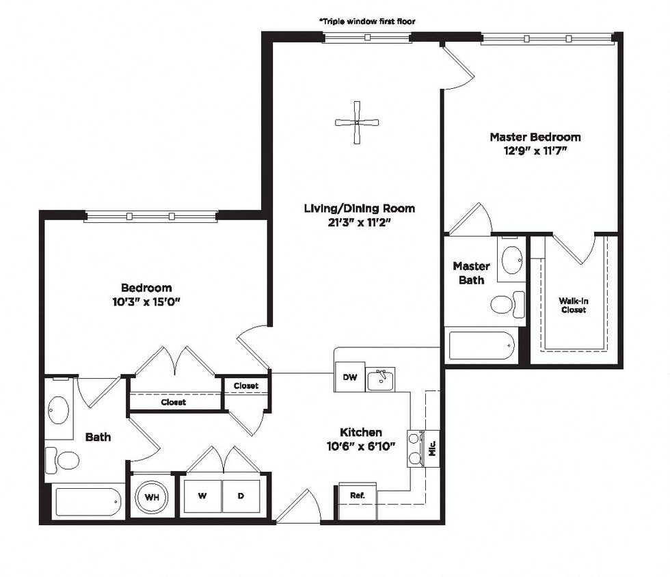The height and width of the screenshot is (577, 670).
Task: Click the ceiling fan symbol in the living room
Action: pos(357,122)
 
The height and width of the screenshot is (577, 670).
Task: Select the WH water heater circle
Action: pos(152,497)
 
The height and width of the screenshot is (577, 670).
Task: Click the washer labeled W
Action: pos(202,496)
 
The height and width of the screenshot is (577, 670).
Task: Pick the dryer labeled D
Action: pos(241,496)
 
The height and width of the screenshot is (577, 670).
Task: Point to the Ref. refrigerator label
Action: pos(358,494)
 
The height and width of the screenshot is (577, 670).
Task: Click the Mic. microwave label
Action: pos(431,448)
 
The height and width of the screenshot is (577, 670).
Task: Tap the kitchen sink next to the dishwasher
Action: pos(381,379)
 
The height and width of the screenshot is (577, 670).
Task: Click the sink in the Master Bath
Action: pos(511,260)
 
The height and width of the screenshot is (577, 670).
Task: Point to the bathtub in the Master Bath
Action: pos(481,346)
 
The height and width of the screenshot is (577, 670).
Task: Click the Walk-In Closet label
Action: pos(573,305)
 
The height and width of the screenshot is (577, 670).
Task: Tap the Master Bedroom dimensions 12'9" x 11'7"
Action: pos(535,151)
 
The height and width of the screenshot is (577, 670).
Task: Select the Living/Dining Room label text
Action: pos(359,209)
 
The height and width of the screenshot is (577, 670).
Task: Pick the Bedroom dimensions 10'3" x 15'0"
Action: pos(146,301)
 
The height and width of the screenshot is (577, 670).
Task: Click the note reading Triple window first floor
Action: pos(367,21)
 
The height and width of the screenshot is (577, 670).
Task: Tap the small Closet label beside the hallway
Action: pos(246,386)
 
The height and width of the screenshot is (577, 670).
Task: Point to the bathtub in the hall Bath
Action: pos(88,501)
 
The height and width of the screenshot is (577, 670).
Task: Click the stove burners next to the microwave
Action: pos(415,448)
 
